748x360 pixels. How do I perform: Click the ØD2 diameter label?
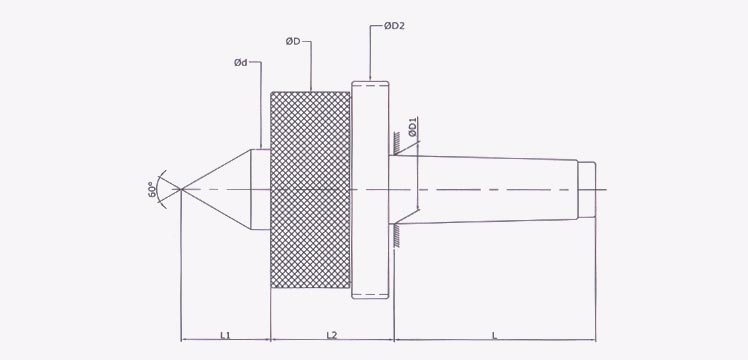[x=393, y=26]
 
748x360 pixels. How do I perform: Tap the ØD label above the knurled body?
[x=293, y=41]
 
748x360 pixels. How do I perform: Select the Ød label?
[x=240, y=63]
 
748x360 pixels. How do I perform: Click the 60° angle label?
[x=152, y=189]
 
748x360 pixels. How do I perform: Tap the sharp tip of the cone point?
[x=181, y=189]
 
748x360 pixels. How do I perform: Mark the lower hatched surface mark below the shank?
[x=398, y=232]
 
